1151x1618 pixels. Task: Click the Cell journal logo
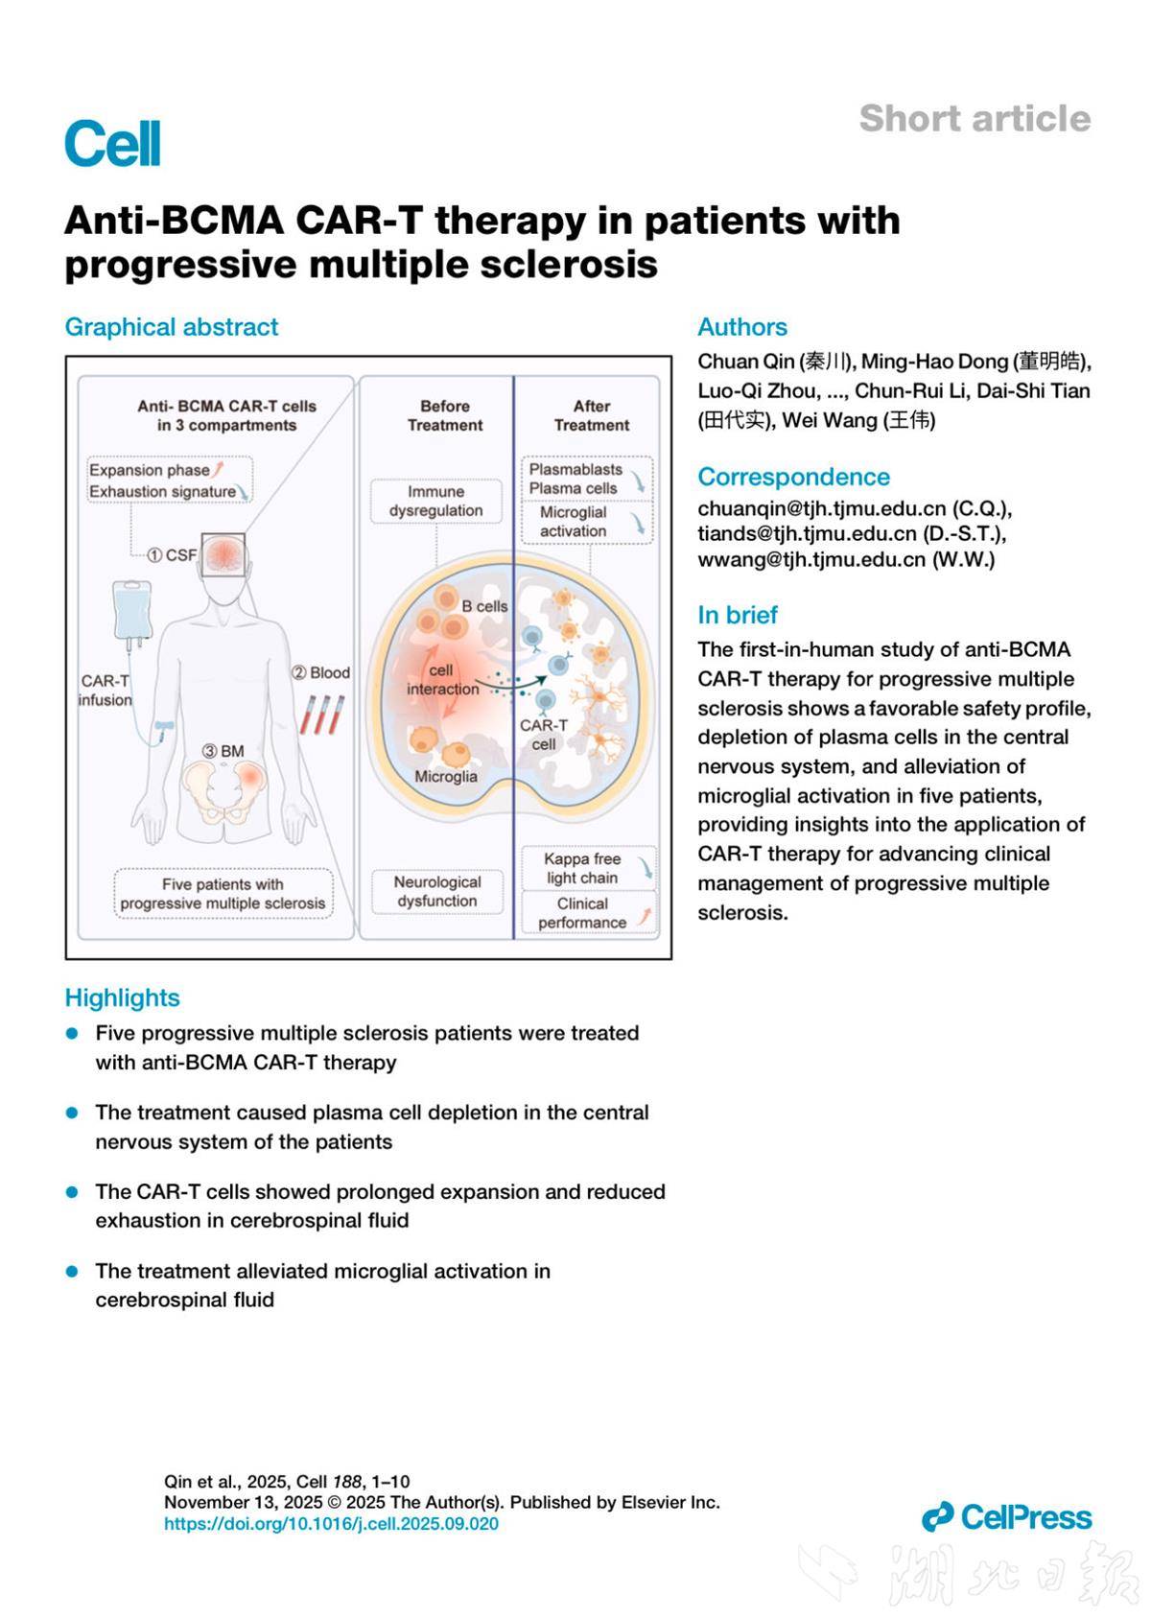[112, 144]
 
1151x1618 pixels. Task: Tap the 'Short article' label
[975, 119]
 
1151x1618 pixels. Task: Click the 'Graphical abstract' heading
[172, 327]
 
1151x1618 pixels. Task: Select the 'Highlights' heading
[122, 997]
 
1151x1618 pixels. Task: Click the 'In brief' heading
[737, 615]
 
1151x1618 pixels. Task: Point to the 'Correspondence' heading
[793, 477]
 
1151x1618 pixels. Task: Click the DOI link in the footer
[331, 1523]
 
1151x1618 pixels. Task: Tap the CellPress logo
[1006, 1516]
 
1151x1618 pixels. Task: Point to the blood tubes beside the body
[320, 714]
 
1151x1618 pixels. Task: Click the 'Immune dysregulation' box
[436, 502]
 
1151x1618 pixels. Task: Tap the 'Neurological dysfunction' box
[436, 891]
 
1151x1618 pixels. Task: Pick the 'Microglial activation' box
[585, 522]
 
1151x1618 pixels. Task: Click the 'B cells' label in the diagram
[484, 606]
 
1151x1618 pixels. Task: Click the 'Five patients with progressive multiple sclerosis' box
[223, 894]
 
